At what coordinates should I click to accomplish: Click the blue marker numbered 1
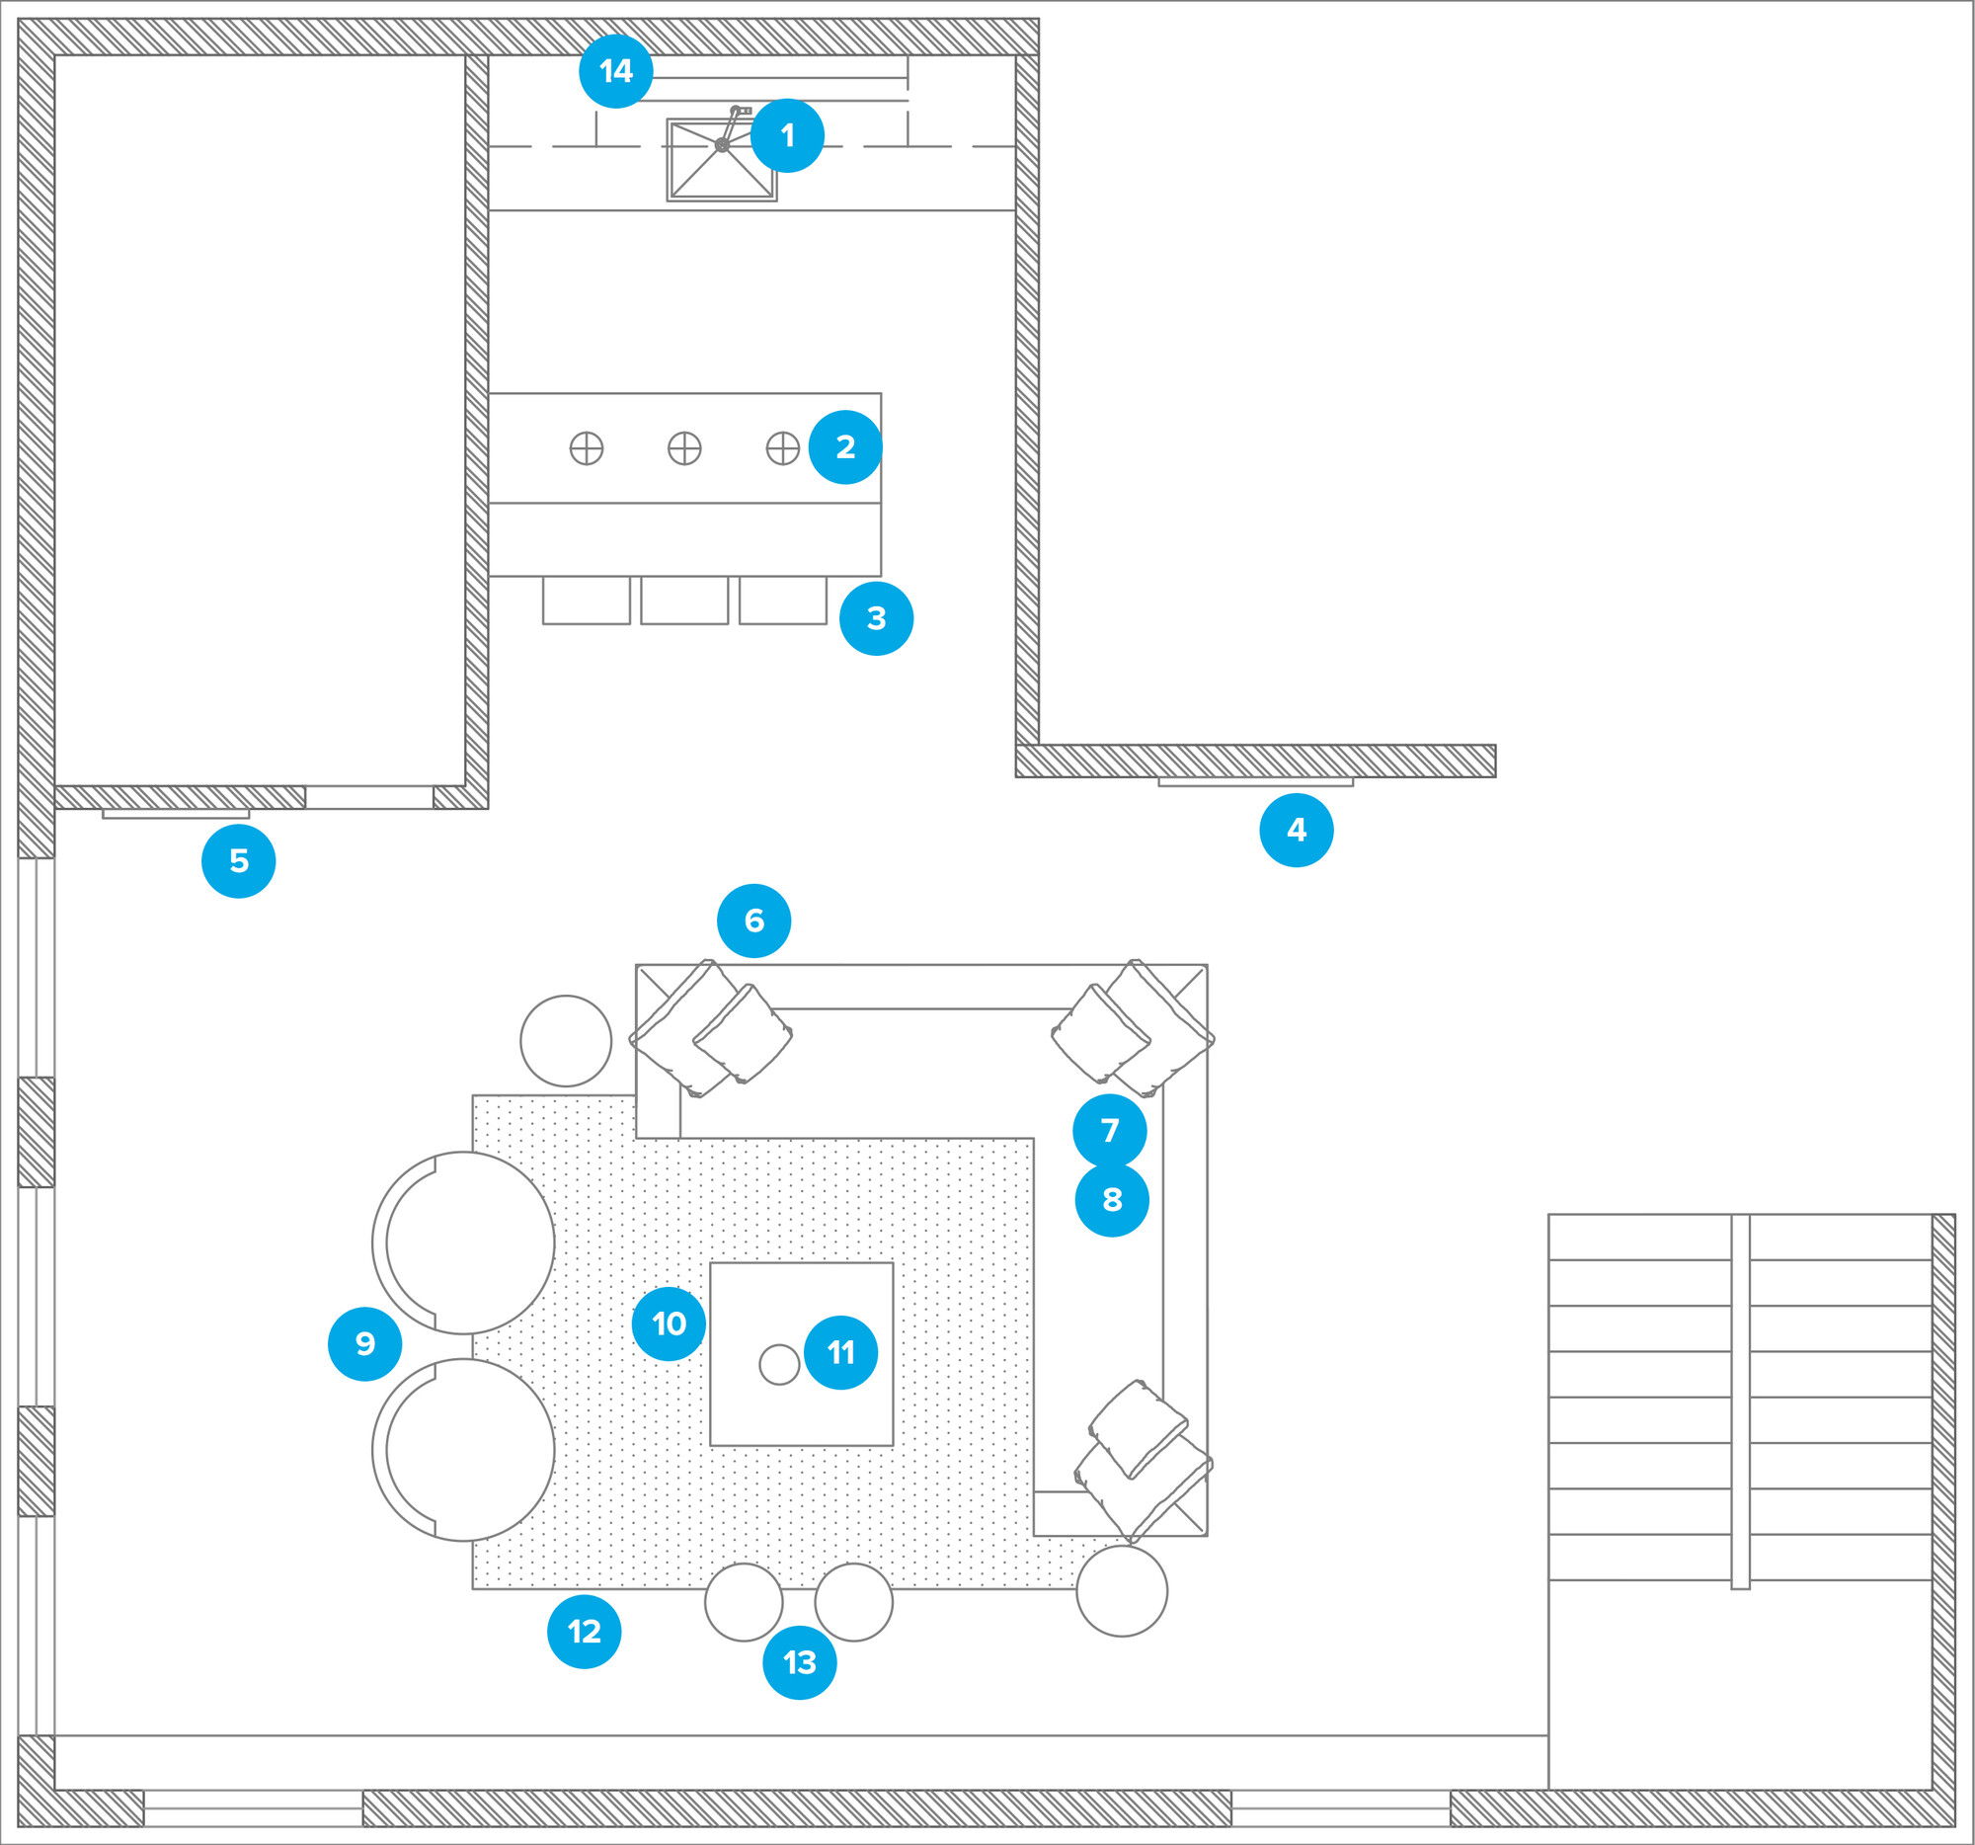[787, 136]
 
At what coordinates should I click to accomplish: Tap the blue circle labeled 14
[616, 71]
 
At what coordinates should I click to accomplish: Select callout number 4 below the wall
[1297, 830]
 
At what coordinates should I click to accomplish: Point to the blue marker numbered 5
[238, 860]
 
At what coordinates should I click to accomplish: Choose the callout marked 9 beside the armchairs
[364, 1343]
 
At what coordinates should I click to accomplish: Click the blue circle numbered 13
[800, 1662]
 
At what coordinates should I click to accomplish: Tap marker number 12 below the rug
[585, 1631]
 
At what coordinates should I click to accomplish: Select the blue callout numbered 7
[1110, 1131]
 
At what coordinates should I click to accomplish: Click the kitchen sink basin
[721, 160]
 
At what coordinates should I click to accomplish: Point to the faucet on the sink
[732, 126]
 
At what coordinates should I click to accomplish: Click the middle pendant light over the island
[684, 448]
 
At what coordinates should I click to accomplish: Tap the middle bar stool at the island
[684, 601]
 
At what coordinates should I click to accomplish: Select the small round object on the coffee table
[780, 1364]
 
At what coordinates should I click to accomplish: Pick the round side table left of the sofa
[566, 1040]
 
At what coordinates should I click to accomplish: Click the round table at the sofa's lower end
[1122, 1590]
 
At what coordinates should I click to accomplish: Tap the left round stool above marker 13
[745, 1602]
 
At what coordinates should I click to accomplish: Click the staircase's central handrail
[1741, 1402]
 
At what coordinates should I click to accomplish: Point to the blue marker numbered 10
[669, 1324]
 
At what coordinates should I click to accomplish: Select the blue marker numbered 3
[876, 618]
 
